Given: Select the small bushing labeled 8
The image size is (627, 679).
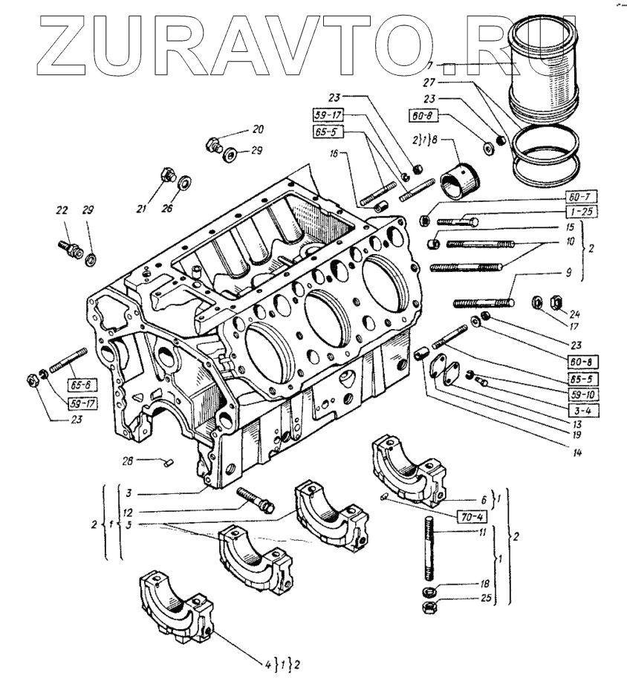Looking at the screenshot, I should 461,180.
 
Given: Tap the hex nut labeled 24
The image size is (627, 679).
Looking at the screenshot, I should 553,302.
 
